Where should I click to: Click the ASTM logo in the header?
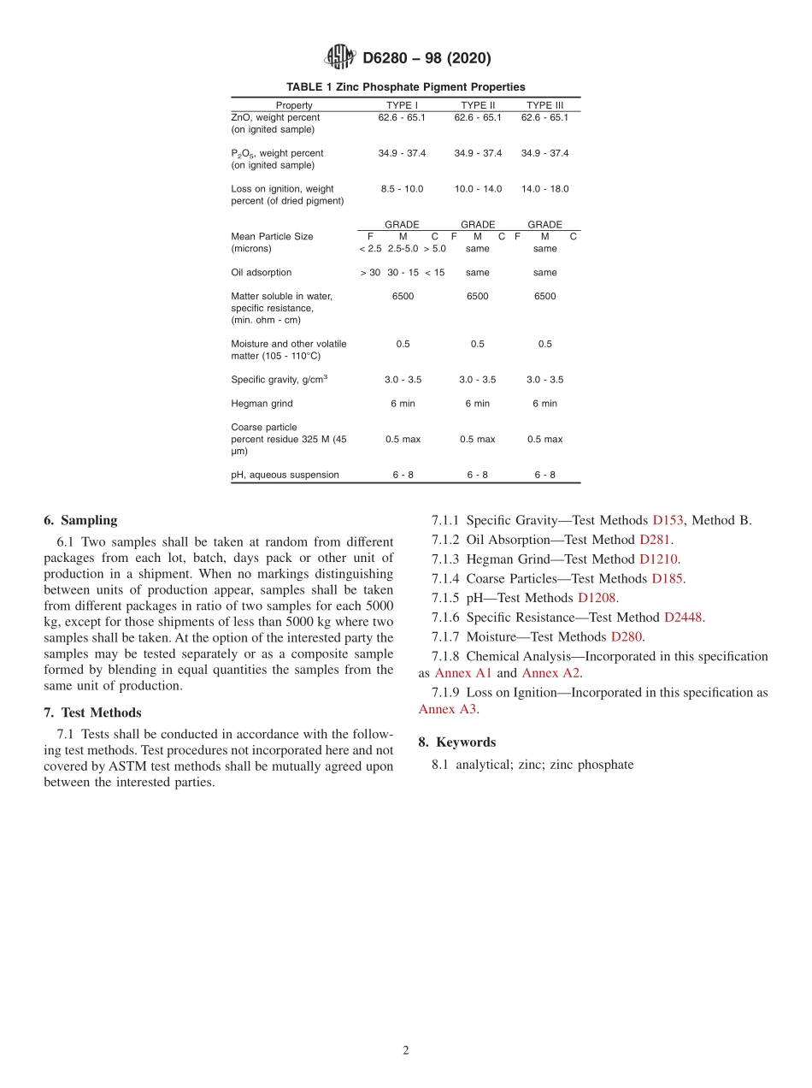[x=340, y=58]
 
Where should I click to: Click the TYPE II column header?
[x=478, y=105]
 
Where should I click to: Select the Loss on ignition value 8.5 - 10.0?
[x=402, y=189]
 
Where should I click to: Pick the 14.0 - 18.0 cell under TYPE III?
[x=544, y=189]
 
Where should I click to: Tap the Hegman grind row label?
[x=262, y=404]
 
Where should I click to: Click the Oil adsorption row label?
[x=261, y=273]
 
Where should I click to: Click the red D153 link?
[x=668, y=520]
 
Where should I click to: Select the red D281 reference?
[x=656, y=540]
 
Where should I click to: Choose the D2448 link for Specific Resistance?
[x=684, y=618]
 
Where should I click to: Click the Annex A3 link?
[x=448, y=708]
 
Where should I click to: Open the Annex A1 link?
[x=463, y=673]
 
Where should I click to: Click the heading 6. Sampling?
[x=80, y=520]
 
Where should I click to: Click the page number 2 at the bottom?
[x=406, y=1050]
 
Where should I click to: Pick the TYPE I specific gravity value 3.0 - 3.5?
[x=402, y=380]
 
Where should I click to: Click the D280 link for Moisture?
[x=627, y=637]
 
